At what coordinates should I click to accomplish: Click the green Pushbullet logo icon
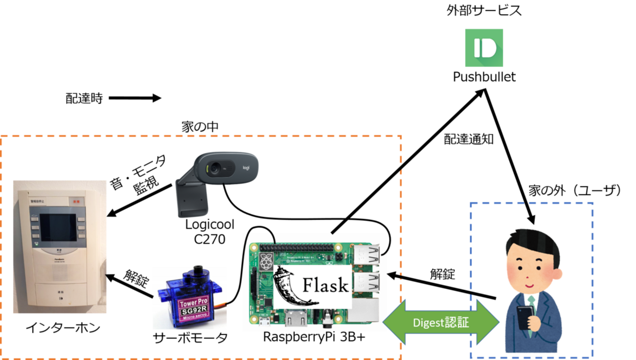[484, 47]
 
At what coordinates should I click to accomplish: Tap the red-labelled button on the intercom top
[76, 201]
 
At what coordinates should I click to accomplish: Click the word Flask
[325, 285]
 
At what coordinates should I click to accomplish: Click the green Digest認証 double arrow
[440, 322]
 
